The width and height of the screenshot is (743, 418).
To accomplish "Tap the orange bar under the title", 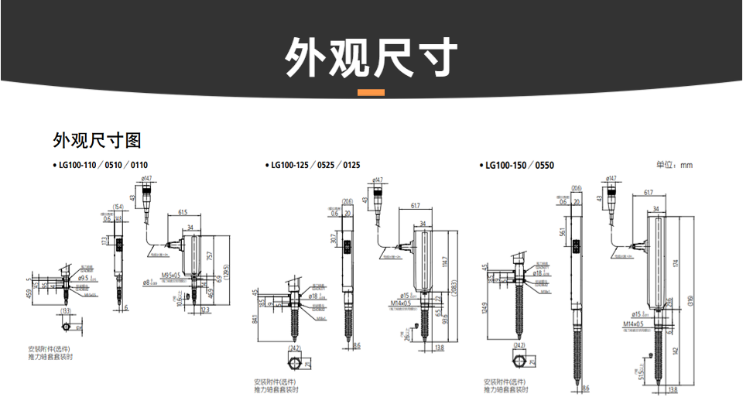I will [371, 93].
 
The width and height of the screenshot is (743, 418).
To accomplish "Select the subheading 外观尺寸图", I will [97, 140].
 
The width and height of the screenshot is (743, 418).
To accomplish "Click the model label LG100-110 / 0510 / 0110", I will [104, 165].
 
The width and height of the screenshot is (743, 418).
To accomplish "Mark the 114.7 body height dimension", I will [445, 263].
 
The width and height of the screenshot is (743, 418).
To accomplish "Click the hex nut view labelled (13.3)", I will [65, 327].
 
